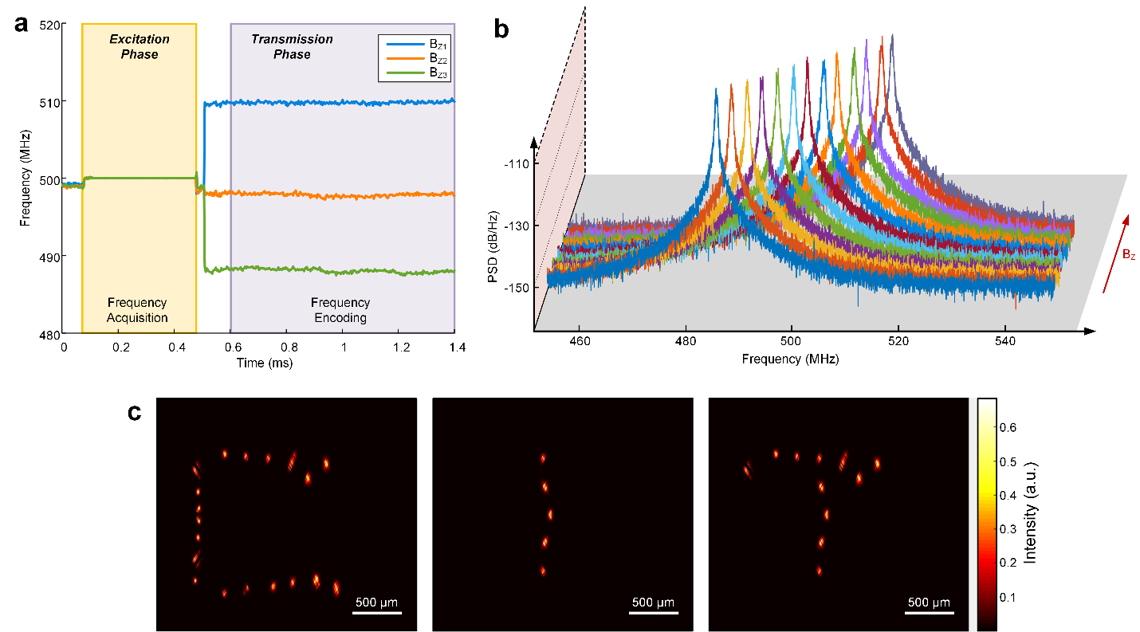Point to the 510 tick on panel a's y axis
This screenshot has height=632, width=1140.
49,102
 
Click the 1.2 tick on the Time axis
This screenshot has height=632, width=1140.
399,348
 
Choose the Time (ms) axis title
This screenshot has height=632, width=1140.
259,363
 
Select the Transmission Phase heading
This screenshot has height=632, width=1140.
292,47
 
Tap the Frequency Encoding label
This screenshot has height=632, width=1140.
340,310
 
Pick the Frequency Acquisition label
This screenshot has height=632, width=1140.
138,310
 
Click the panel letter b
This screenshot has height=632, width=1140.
501,29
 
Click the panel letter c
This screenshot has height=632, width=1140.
137,414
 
